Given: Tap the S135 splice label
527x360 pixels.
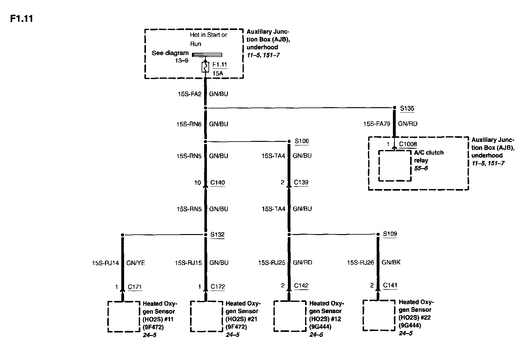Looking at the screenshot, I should click(x=407, y=108).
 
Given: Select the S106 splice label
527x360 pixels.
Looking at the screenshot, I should click(x=302, y=141).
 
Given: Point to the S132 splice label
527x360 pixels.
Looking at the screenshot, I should click(x=217, y=234).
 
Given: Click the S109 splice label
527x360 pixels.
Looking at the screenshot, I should click(x=390, y=234).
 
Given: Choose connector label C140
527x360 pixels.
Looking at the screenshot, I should click(x=218, y=182).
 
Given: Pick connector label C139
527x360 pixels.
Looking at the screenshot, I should click(x=301, y=182).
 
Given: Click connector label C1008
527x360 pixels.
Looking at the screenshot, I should click(x=408, y=144).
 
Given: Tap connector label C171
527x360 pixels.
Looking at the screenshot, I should click(x=135, y=287).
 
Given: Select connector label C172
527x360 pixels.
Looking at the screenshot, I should click(x=218, y=287).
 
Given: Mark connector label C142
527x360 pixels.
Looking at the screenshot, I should click(x=301, y=285).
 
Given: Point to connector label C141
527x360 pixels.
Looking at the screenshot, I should click(x=390, y=285).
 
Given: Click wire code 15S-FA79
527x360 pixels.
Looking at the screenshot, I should click(x=376, y=124).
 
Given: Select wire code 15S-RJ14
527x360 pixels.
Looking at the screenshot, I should click(x=105, y=263).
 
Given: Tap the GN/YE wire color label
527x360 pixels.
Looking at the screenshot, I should click(x=136, y=263).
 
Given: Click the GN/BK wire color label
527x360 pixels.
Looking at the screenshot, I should click(x=391, y=262).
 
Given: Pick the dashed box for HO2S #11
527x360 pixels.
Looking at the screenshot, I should click(x=124, y=316).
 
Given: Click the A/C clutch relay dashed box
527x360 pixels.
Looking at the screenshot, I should click(x=395, y=166).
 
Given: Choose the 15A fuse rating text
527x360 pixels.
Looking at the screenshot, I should click(x=218, y=73).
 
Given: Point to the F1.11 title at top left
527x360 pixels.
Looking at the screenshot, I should click(x=22, y=19).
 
